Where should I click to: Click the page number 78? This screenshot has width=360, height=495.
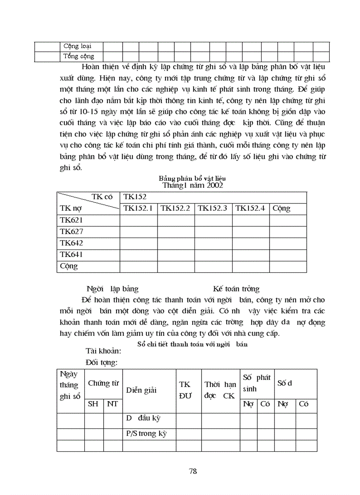pos(193,471)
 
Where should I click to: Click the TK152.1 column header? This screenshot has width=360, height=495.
pos(138,208)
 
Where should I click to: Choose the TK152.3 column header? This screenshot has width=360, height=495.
pos(213,208)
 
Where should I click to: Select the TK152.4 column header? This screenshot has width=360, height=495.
pos(250,208)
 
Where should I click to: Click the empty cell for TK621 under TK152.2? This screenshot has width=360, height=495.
pos(176,220)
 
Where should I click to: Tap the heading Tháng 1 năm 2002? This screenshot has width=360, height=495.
pos(192,185)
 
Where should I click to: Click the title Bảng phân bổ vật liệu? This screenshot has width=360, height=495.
pos(192,178)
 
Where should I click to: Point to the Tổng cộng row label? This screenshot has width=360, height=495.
pos(79,56)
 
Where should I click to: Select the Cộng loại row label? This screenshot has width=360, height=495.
pos(77,46)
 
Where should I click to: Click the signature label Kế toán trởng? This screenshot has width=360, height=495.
pos(236,289)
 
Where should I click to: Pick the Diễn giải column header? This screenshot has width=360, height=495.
pos(142,390)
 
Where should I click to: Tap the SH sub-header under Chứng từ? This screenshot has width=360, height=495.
pos(94,404)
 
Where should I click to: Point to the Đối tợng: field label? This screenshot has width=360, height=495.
pos(102,362)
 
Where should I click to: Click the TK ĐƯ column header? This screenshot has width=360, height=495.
pos(185,390)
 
